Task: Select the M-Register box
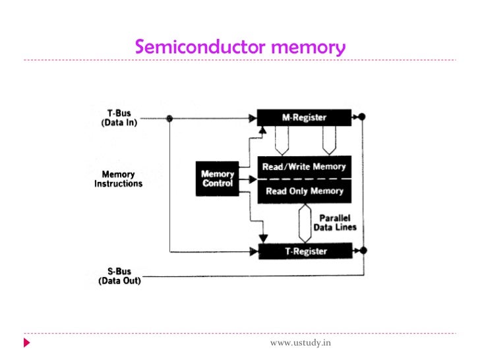[304, 118]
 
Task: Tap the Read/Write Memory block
[304, 167]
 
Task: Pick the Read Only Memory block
[304, 191]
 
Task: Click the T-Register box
[304, 251]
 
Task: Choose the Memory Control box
[218, 178]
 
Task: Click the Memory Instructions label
[118, 179]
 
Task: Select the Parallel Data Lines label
[338, 222]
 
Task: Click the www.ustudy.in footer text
[301, 344]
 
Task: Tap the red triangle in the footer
[27, 344]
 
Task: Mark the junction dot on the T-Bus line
[170, 119]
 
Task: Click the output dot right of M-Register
[362, 118]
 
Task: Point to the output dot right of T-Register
[362, 251]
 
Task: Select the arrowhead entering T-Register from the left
[253, 251]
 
